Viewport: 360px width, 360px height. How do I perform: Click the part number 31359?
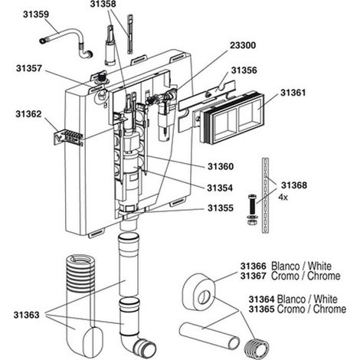(x=36, y=15)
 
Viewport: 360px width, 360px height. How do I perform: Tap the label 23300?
(x=243, y=45)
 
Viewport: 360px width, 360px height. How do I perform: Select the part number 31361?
(x=293, y=93)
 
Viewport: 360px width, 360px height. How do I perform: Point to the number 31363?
(x=27, y=315)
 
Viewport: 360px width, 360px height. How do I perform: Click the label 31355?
(x=221, y=208)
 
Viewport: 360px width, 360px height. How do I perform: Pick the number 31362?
(x=28, y=114)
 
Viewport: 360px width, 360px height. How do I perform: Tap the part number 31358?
(x=103, y=4)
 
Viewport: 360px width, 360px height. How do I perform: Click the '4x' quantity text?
(x=283, y=198)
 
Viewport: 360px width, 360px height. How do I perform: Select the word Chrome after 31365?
(x=329, y=309)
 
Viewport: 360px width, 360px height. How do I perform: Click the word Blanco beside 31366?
(x=285, y=266)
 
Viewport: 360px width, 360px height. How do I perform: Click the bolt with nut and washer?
(x=252, y=209)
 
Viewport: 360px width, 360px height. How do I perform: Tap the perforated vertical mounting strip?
(x=265, y=195)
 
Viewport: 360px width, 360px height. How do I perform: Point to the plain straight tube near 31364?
(x=209, y=335)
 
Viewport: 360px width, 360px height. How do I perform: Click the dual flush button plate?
(x=232, y=117)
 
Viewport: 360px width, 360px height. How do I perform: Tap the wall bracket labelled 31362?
(x=68, y=136)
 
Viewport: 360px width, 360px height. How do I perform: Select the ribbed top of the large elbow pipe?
(x=80, y=273)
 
